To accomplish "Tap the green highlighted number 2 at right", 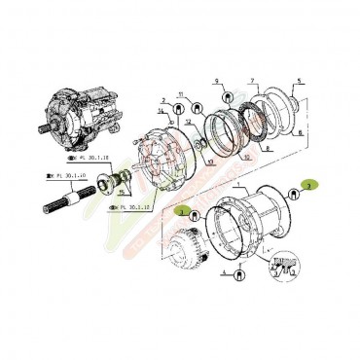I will pos(307,182).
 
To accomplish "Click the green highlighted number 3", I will pos(179,210).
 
